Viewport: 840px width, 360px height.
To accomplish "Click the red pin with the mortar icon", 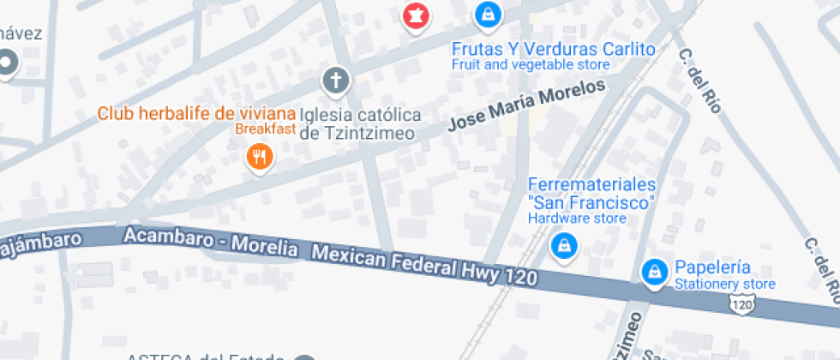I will coord(416,15).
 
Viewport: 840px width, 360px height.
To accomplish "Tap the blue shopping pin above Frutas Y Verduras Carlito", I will coord(487,13).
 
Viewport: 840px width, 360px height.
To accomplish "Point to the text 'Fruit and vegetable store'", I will coord(531,64).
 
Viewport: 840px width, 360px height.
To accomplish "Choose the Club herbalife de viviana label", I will coord(196,112).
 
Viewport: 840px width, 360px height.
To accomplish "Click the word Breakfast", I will coord(266,129).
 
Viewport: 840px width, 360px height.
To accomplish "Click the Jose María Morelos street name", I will coord(526,105).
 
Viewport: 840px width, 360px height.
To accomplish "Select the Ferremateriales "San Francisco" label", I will coord(591,194).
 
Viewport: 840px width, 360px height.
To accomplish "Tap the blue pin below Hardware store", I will coord(564,245).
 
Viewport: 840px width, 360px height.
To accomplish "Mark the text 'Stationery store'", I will coord(724,284).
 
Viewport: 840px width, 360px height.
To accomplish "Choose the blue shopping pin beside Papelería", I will coord(655,273).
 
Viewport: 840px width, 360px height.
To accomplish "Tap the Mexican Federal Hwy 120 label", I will coord(423,265).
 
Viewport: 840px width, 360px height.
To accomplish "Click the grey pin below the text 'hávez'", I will coord(8,63).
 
